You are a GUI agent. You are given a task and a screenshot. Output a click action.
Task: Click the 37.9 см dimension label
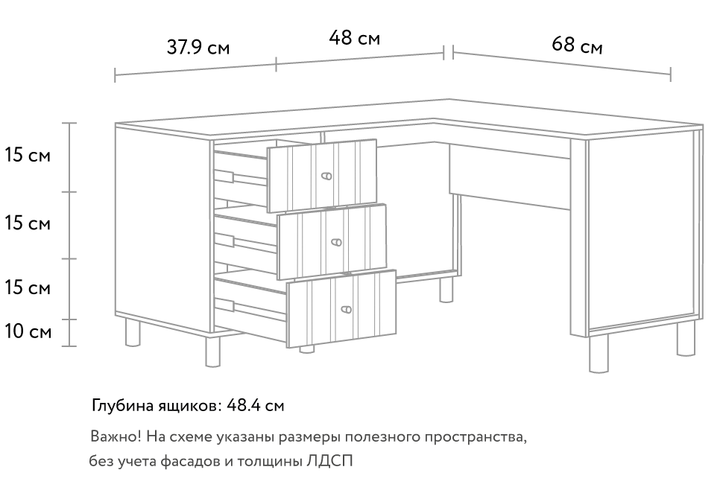(x=198, y=47)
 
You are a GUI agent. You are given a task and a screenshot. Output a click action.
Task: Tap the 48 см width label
(x=354, y=38)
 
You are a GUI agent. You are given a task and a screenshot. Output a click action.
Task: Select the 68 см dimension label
(x=577, y=45)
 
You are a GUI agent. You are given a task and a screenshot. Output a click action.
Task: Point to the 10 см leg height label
(x=28, y=331)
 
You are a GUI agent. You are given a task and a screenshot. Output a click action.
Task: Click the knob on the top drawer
(x=326, y=176)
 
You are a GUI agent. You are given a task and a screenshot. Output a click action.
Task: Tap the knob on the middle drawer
(x=337, y=242)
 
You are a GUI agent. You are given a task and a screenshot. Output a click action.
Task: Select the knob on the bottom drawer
(x=347, y=309)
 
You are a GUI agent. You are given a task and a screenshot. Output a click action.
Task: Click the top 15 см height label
(x=28, y=155)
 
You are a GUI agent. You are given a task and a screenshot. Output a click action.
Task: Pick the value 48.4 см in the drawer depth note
(x=256, y=405)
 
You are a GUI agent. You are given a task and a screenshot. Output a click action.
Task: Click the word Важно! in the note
(x=116, y=436)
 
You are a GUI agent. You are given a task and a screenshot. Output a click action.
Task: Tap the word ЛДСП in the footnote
(x=329, y=461)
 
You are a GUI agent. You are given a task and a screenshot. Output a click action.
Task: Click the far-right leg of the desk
(x=686, y=338)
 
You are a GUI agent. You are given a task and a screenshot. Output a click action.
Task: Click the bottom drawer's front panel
(x=341, y=309)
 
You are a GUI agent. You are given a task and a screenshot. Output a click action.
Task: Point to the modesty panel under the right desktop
(x=510, y=177)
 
